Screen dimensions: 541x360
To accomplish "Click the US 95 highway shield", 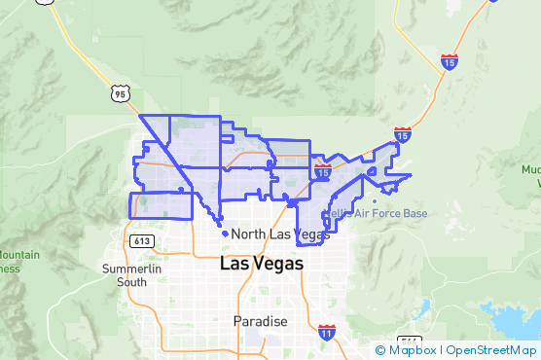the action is tap(119, 93).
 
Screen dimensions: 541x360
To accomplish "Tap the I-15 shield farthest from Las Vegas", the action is tap(449, 61).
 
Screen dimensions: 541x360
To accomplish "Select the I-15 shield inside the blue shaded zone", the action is tap(323, 171).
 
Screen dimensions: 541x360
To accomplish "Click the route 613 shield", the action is tap(141, 239).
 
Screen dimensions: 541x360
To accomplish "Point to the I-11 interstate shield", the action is tap(327, 333).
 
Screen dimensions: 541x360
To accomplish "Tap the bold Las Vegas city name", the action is tap(262, 264).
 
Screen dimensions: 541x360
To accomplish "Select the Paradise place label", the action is tap(261, 321).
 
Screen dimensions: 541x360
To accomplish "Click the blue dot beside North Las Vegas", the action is tap(226, 234).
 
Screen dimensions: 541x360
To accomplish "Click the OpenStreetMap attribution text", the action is tap(491, 350).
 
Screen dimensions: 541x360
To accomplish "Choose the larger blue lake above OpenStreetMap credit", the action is tap(511, 321).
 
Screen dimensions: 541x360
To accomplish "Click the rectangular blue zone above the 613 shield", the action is tap(161, 205).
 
